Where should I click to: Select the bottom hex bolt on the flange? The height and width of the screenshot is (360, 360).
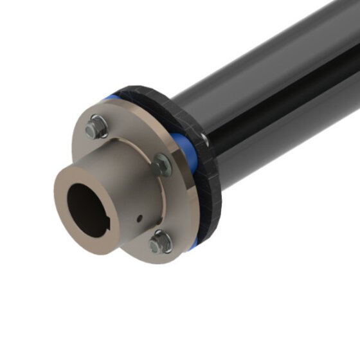tap(159, 243)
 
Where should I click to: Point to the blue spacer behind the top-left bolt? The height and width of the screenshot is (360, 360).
tap(112, 99)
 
